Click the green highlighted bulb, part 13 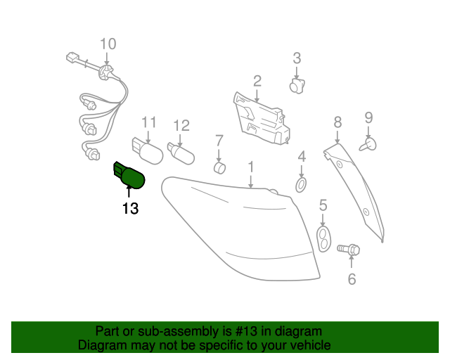point(129,175)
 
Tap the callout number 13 point(130,208)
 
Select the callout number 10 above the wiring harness point(108,44)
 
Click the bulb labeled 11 point(148,151)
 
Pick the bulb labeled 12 point(181,154)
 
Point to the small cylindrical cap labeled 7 point(220,167)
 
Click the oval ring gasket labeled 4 point(301,185)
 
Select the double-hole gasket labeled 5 point(323,239)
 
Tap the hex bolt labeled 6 point(349,249)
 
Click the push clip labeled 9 point(368,145)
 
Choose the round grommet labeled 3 point(297,86)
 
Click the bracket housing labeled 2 point(261,118)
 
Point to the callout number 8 point(337,122)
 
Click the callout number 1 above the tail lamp point(251,167)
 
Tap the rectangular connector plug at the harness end point(72,58)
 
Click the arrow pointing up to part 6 point(352,262)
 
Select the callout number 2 point(257,82)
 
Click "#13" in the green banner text point(245,331)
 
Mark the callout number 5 point(323,205)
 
